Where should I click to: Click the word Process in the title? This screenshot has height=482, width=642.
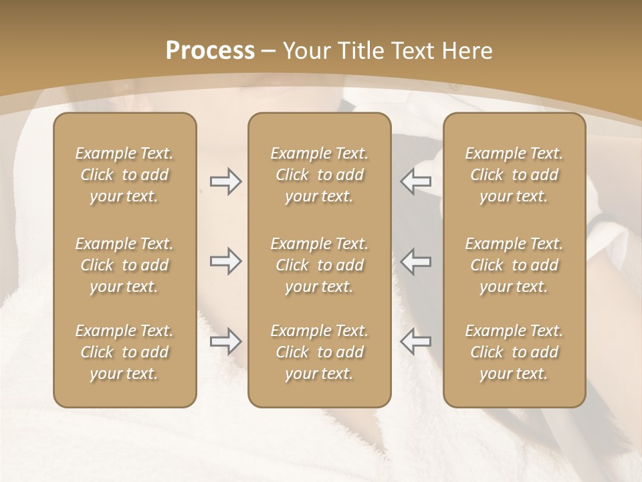(x=210, y=51)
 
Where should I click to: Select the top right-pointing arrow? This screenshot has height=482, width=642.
(x=226, y=181)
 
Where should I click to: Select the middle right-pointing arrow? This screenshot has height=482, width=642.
(x=226, y=261)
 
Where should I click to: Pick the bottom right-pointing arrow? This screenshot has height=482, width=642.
(x=226, y=341)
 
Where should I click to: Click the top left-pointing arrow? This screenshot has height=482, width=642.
(x=415, y=181)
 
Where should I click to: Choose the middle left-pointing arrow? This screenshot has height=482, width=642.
(x=415, y=261)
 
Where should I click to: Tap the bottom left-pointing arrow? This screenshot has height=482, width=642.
(x=415, y=341)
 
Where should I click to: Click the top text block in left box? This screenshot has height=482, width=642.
(x=124, y=175)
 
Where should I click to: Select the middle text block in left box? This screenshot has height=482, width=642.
(x=124, y=265)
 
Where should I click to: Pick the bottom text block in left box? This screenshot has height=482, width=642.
(x=124, y=352)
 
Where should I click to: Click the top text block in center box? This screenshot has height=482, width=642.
(x=320, y=175)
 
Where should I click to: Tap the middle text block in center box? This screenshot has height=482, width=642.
(x=320, y=265)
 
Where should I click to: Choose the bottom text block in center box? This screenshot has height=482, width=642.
(x=320, y=352)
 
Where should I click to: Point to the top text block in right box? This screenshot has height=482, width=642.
(x=514, y=175)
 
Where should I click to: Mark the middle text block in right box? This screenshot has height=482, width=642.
(x=514, y=265)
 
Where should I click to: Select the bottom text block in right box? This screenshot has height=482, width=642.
(x=514, y=352)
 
